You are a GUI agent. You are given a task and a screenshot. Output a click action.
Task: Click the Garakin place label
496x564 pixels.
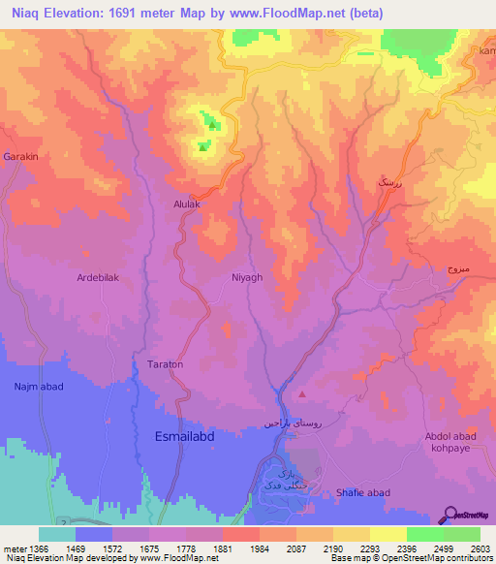click(x=20, y=157)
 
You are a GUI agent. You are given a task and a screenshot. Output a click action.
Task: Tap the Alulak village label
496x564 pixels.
click(x=187, y=205)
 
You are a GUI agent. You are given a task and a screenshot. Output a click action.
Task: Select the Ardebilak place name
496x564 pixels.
click(x=97, y=277)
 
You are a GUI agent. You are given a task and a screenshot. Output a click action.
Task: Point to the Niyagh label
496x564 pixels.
click(x=246, y=277)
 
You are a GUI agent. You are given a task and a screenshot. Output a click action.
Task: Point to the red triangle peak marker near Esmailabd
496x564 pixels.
click(x=302, y=393)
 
